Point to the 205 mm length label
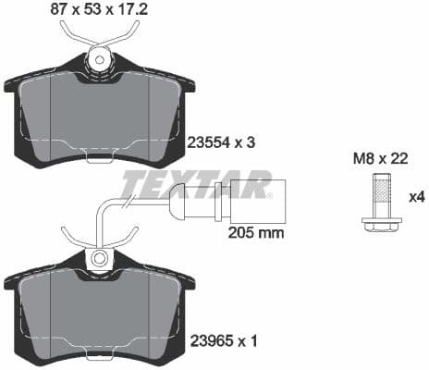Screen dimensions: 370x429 tap(255, 232)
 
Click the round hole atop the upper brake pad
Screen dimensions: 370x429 tap(99, 61)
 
